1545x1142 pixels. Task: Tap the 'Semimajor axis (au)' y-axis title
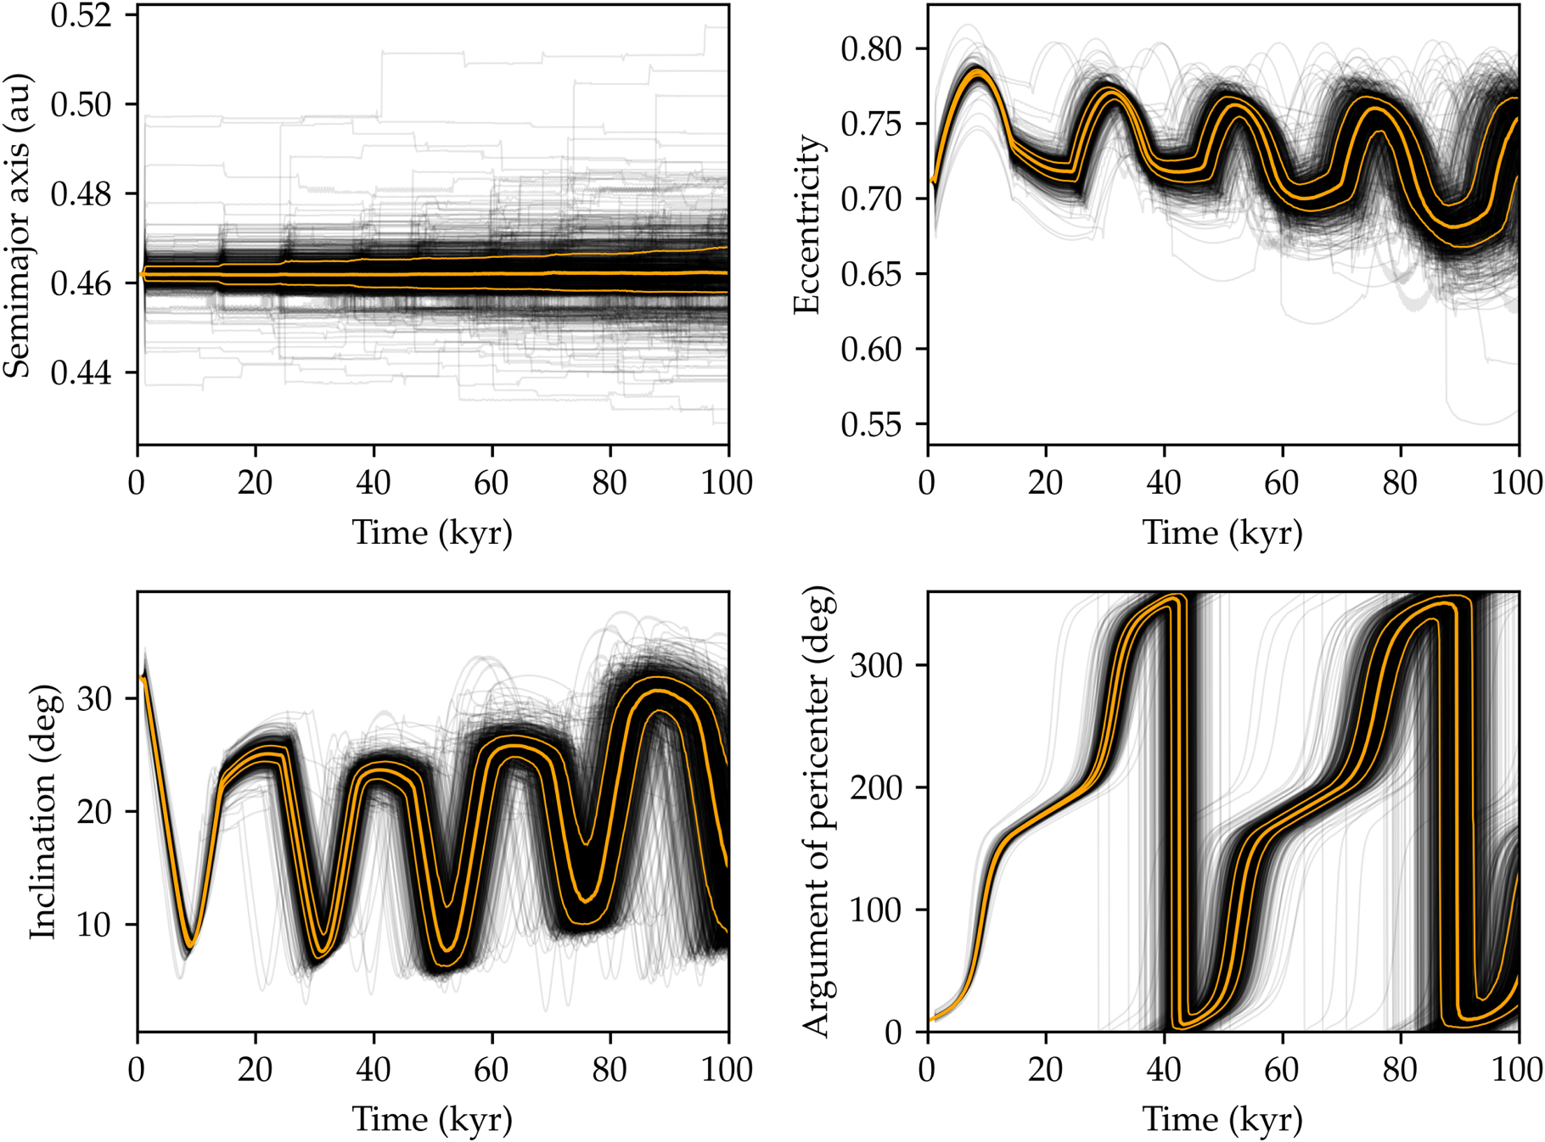click(x=17, y=225)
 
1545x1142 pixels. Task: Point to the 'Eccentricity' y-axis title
click(x=807, y=225)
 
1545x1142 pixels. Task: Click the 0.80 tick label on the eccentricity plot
click(x=871, y=49)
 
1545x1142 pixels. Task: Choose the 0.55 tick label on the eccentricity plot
click(x=871, y=424)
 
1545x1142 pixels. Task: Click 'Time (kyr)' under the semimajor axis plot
click(x=432, y=533)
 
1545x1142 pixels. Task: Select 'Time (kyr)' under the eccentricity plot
click(x=1222, y=533)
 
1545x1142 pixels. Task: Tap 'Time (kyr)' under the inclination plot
click(x=432, y=1120)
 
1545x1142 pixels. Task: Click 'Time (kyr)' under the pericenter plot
click(x=1222, y=1120)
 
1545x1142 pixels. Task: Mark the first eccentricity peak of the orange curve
click(x=978, y=73)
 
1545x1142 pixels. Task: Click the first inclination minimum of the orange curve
click(x=192, y=943)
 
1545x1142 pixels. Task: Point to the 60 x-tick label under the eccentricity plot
click(x=1281, y=483)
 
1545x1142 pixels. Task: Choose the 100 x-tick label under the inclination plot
click(x=728, y=1070)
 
